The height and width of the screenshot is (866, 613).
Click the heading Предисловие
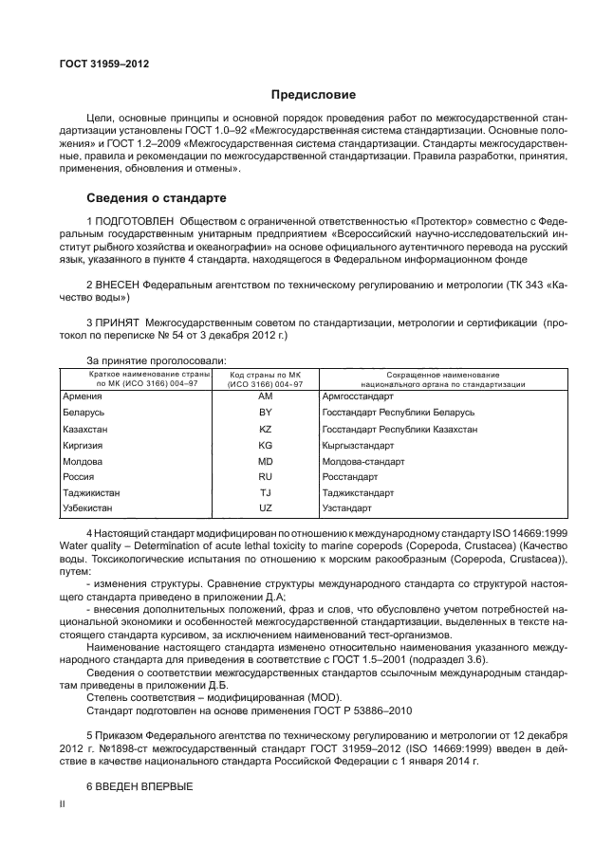pyautogui.click(x=314, y=95)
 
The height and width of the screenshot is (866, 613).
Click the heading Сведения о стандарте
pyautogui.click(x=157, y=199)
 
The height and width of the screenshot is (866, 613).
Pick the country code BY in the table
pyautogui.click(x=265, y=413)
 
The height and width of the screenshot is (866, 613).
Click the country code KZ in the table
pyautogui.click(x=265, y=429)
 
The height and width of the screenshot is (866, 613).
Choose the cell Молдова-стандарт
pyautogui.click(x=363, y=461)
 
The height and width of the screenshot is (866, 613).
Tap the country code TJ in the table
pyautogui.click(x=265, y=493)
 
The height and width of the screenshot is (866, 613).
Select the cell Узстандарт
pyautogui.click(x=349, y=509)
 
